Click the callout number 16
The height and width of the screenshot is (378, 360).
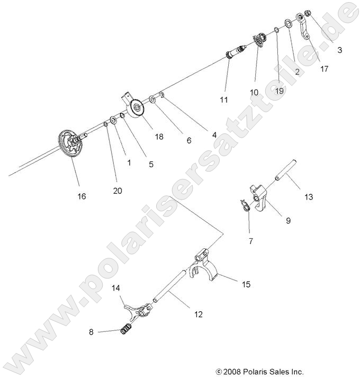click(81, 196)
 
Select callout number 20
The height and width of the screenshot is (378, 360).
click(117, 191)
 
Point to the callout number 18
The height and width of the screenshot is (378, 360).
click(159, 137)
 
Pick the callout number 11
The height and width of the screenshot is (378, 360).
click(224, 100)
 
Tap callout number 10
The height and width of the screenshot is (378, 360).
click(254, 92)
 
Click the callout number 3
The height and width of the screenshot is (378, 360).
click(339, 51)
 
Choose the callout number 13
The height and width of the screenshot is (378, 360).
click(308, 197)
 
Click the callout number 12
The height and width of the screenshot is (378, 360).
click(198, 314)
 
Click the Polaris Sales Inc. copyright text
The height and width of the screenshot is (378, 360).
click(259, 372)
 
